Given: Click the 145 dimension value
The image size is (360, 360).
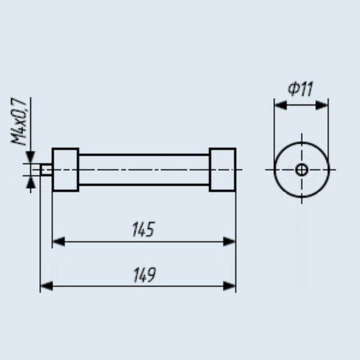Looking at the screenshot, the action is pos(143,229).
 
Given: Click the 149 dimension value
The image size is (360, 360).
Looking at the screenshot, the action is pos(145,275).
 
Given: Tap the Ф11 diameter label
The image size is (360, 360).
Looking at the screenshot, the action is pos(300,89).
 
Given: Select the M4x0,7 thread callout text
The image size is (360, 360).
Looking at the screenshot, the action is pos(19,121).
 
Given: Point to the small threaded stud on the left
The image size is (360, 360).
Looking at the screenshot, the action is pos(46,169).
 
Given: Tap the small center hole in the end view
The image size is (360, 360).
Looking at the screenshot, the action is pos(301,169).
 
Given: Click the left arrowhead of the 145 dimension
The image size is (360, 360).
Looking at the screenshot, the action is pos(58,241).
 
